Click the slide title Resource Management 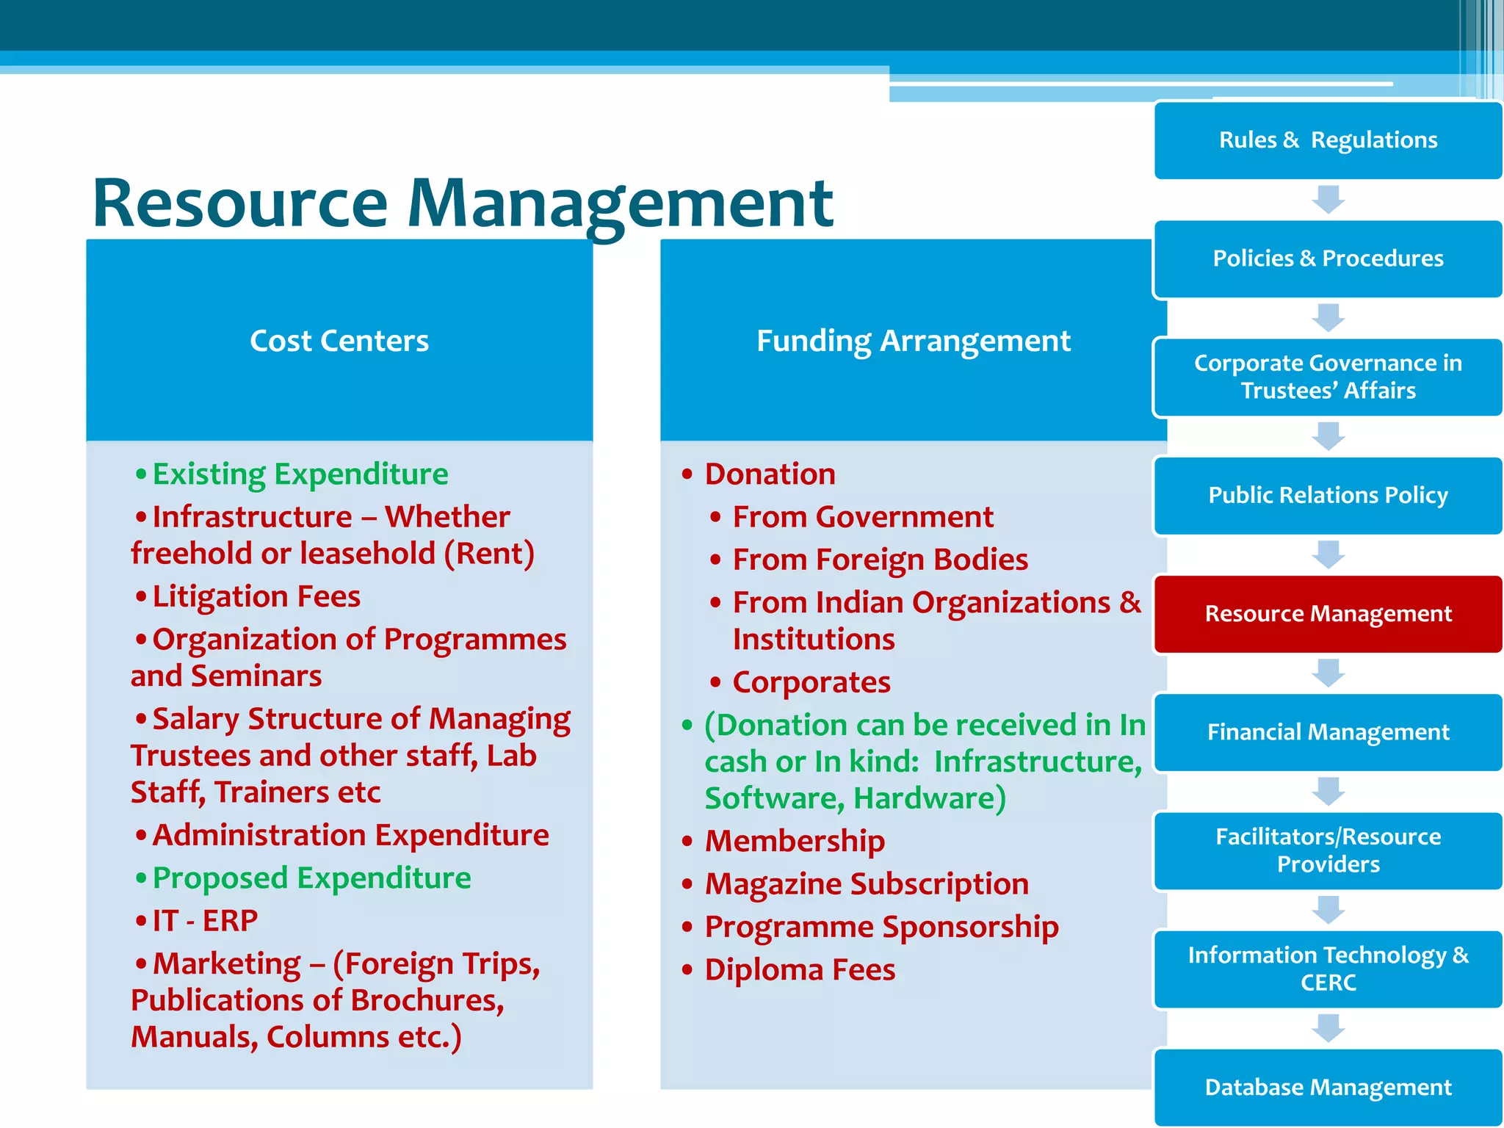click(463, 203)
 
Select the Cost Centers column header click(339, 341)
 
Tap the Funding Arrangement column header click(913, 341)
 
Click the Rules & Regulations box click(1328, 140)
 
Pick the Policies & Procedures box click(1328, 258)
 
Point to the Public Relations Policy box click(1328, 495)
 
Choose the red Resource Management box click(1328, 614)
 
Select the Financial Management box click(1328, 732)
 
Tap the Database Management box click(1328, 1087)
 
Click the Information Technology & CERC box click(1328, 969)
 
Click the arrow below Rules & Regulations click(1328, 199)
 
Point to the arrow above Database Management click(1328, 1028)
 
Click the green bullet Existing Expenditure click(300, 474)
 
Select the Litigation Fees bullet click(256, 596)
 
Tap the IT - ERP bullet click(205, 921)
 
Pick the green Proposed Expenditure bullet click(311, 878)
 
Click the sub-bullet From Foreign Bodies click(880, 560)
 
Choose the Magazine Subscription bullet click(867, 884)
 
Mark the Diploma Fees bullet click(800, 970)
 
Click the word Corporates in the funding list click(811, 682)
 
